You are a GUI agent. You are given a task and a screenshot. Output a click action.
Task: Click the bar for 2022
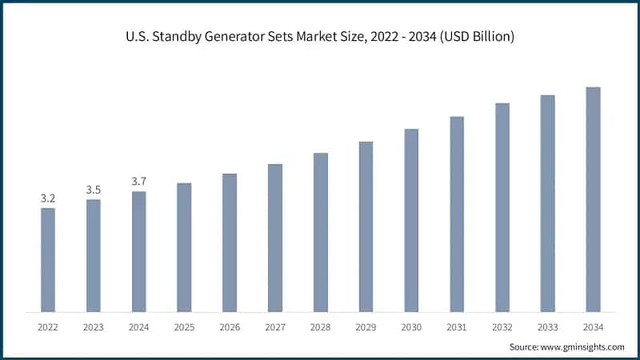coord(48,260)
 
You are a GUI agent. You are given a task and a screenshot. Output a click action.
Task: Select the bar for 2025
coord(184,247)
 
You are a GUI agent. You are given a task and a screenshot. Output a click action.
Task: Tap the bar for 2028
coord(321,232)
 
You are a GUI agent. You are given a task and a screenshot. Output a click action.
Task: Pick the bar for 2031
coord(457,214)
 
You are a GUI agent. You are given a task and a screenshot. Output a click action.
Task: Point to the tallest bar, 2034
coord(593,199)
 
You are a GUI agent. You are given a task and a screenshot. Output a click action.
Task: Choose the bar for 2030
coord(411,220)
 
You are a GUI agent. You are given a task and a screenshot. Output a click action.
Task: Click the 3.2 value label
coord(48,198)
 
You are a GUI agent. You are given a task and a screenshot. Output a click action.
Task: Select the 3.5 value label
coord(94,190)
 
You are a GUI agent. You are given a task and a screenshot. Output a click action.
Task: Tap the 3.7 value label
coord(139,182)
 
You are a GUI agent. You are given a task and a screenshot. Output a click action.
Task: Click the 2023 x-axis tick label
coord(94,327)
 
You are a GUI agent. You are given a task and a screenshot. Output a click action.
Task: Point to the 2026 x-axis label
coord(230,327)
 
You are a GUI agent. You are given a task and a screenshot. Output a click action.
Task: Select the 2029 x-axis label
coord(366,327)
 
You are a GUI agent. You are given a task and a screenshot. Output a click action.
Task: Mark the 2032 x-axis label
coord(502,327)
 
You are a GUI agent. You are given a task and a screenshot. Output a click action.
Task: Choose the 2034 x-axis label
coord(593,327)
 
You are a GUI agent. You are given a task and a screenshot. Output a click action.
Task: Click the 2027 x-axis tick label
coord(275,327)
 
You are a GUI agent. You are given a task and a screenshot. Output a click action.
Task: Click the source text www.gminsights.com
coord(583,346)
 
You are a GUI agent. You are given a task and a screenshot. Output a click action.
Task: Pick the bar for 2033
coord(547,203)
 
